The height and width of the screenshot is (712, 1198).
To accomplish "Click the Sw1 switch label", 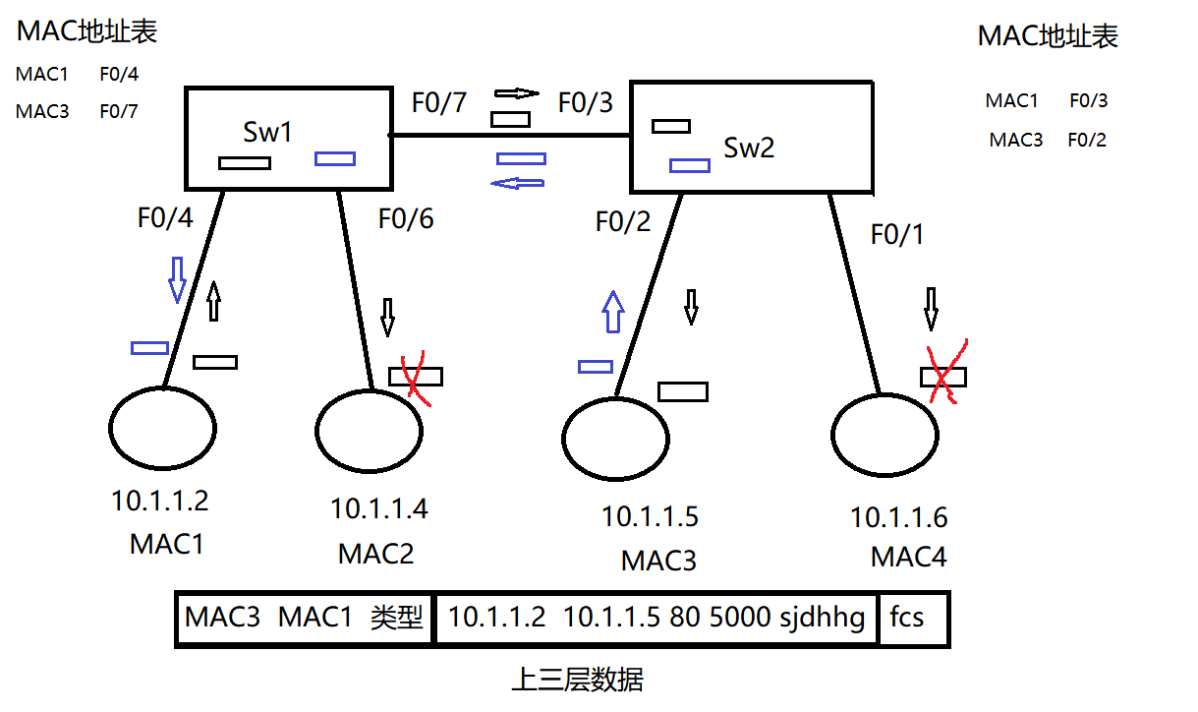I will coord(268,133).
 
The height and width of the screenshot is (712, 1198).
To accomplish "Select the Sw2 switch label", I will coord(749,148).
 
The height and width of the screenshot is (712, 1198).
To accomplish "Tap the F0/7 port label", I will coord(438,102).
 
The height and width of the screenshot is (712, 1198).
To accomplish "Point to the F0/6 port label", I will coord(406,218).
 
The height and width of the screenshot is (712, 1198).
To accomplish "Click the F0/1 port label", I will coord(897,235).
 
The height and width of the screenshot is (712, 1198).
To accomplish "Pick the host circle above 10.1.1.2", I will coord(162,429).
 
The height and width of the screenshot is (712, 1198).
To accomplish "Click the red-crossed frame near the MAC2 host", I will coord(415,376).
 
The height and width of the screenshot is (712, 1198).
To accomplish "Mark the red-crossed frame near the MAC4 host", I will coord(943,377).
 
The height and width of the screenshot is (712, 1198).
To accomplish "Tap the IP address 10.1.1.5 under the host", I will coord(650,516).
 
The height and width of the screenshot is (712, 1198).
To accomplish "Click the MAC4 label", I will coord(908,558).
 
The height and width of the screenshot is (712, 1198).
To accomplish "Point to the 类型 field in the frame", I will coord(396,619).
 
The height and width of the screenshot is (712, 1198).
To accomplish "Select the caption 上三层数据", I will coord(578,680).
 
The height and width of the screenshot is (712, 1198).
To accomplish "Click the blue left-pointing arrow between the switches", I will coord(519,182).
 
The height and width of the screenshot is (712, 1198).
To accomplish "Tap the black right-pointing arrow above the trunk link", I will coord(517,93).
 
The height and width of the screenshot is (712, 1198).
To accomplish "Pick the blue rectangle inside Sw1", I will coord(334,158).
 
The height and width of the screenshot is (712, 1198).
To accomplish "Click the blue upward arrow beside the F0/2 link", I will coord(612,312).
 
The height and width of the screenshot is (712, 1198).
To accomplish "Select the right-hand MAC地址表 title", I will coord(1048,37).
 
